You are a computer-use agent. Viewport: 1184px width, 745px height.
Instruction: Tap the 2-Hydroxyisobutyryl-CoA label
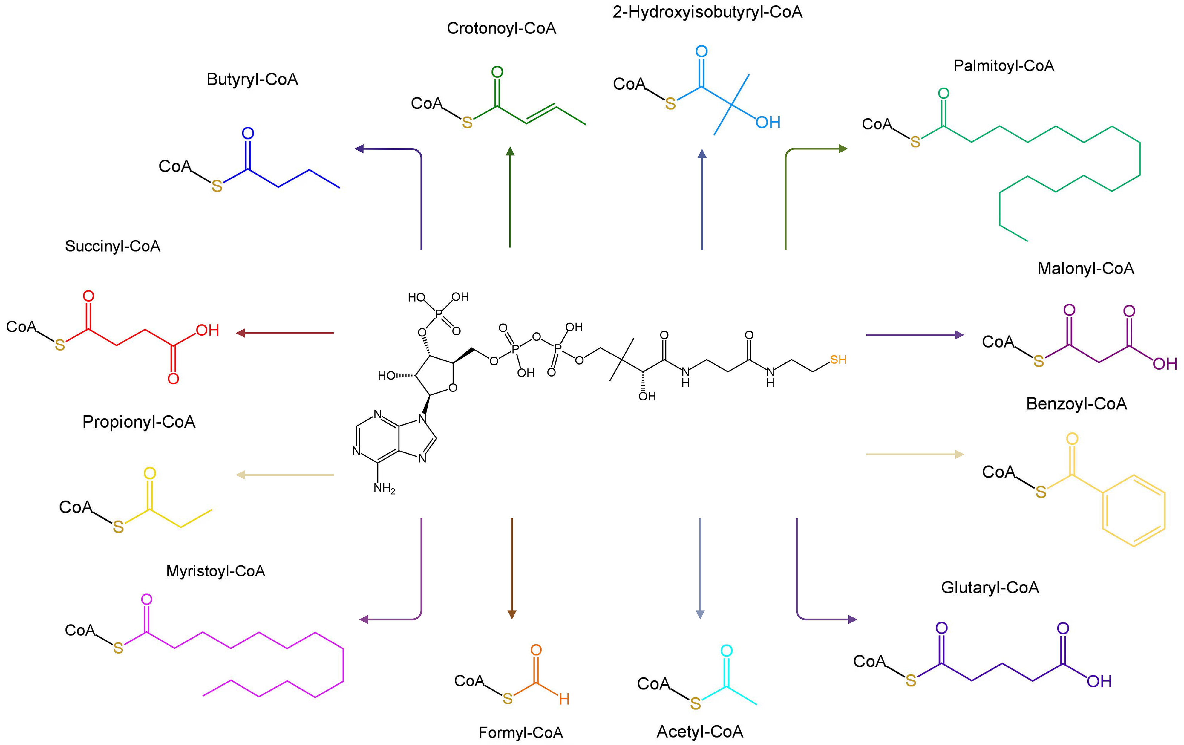coord(707,12)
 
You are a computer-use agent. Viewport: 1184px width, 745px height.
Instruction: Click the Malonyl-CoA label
coord(1086,268)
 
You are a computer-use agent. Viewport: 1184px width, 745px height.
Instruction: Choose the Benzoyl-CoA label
coord(1076,404)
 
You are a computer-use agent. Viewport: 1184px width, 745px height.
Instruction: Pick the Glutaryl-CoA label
coord(990,588)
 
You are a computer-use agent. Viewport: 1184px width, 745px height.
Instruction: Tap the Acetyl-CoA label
coord(700,732)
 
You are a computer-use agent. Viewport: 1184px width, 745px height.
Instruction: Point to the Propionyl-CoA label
coord(139,422)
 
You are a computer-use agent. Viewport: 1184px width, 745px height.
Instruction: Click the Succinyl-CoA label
coord(113,246)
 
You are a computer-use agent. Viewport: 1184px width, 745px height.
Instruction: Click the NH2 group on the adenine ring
coord(384,488)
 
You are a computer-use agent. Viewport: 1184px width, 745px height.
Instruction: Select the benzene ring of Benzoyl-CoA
coord(1133,510)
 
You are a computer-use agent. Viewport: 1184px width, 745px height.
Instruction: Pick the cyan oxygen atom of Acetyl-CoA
coord(726,651)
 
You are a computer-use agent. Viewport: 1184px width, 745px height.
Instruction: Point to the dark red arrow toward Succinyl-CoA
coord(285,333)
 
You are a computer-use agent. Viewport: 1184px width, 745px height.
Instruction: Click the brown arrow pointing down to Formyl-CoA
coord(512,568)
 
